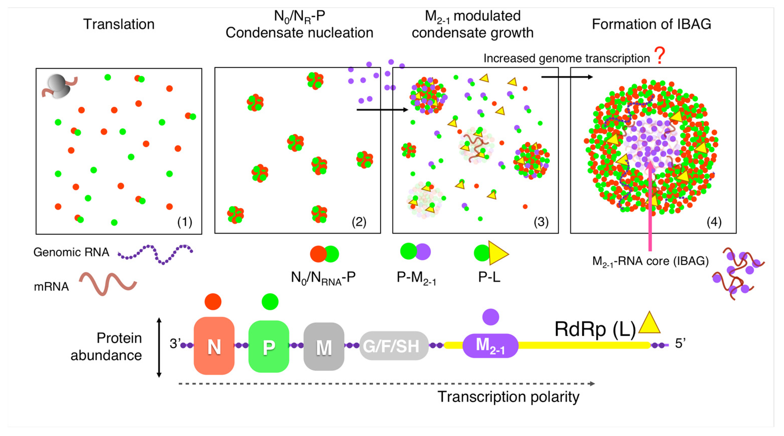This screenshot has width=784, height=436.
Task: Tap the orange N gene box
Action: [214, 346]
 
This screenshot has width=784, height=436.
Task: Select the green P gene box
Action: [269, 347]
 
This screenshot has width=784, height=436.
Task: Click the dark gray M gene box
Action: [324, 347]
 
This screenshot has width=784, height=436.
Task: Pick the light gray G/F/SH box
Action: [394, 346]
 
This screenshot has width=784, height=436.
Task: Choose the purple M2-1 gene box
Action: [490, 346]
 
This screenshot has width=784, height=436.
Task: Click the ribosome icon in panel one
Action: [58, 87]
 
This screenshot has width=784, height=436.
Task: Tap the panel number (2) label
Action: [359, 222]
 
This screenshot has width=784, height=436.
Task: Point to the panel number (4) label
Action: [714, 222]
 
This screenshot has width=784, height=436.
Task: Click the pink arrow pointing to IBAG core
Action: [650, 207]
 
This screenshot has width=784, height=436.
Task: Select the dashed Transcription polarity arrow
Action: [387, 384]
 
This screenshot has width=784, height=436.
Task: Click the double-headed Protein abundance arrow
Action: [159, 347]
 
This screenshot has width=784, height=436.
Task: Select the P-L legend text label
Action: [489, 277]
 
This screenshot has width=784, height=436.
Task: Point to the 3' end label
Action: [175, 344]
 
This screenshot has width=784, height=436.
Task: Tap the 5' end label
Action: [680, 344]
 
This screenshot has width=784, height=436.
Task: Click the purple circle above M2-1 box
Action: [491, 317]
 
